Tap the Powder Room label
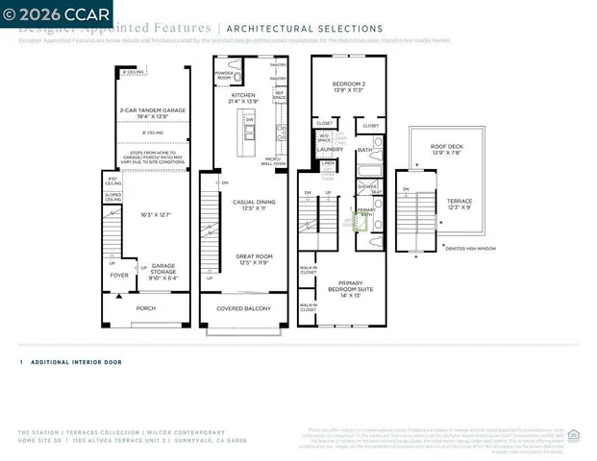225,75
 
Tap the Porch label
144,308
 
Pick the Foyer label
118,275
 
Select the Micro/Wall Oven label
273,162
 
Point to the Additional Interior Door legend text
76,362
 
